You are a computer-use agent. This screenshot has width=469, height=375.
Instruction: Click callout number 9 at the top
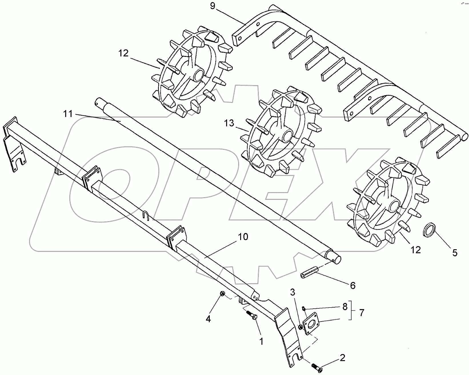pos(213,6)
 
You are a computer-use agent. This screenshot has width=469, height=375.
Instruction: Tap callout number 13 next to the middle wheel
pos(229,124)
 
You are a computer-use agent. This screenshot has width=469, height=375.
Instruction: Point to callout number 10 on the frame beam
pos(243,237)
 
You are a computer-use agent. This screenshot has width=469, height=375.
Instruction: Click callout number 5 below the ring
pos(454,253)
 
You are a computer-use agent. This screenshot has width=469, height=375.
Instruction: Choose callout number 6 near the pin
pos(353,285)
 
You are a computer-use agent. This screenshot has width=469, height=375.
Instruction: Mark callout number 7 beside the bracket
pos(361,313)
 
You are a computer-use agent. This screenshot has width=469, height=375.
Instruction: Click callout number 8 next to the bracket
pos(345,307)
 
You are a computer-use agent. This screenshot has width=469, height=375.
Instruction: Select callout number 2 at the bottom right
pos(342,358)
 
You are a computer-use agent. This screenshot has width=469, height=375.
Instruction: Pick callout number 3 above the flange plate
pos(292,292)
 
